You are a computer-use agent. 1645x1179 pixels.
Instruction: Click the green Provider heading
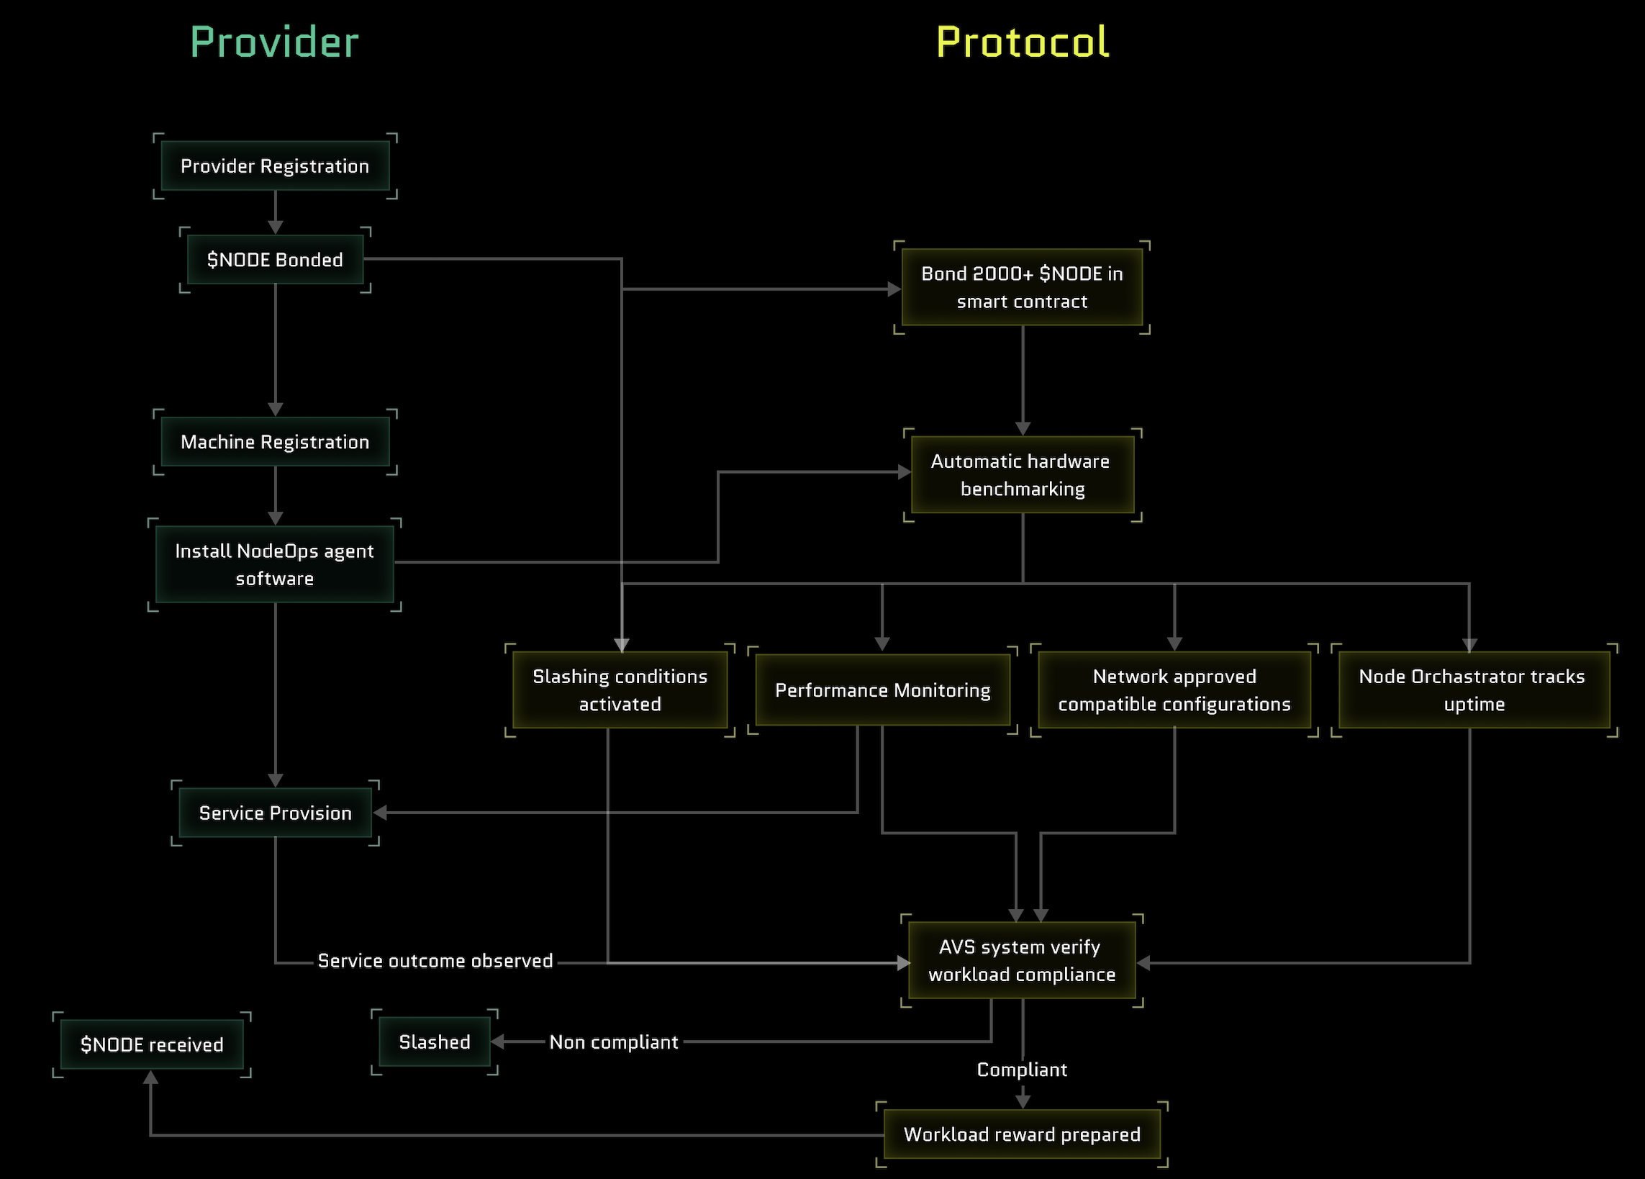tap(274, 42)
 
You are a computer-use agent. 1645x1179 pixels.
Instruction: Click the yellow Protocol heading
tap(1022, 42)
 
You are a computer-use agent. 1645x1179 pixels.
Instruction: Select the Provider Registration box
tap(275, 166)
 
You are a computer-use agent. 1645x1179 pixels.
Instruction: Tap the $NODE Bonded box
tap(275, 260)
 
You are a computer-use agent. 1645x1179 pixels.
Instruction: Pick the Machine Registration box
tap(275, 442)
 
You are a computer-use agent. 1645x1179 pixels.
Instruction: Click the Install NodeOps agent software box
tap(275, 564)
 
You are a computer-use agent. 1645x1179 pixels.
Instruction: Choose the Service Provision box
tap(275, 813)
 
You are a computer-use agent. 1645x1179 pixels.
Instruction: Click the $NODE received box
tap(152, 1044)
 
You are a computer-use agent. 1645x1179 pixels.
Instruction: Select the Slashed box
tap(435, 1042)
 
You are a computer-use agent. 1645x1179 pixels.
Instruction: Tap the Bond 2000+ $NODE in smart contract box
tap(1022, 287)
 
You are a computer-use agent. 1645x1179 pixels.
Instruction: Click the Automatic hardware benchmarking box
tap(1022, 474)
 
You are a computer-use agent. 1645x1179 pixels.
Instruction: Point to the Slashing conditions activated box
tap(620, 690)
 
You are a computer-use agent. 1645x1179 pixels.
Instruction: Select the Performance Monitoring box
tap(882, 690)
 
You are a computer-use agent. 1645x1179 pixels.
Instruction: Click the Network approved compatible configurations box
tap(1174, 690)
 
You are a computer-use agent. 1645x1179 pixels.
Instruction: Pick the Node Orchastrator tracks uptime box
tap(1473, 690)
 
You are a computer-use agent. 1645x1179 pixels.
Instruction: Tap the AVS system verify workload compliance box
tap(1021, 960)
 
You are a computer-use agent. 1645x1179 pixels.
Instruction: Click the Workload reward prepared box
tap(1021, 1134)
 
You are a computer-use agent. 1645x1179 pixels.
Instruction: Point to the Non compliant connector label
tap(614, 1042)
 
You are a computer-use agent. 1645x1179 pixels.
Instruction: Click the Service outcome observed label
tap(435, 961)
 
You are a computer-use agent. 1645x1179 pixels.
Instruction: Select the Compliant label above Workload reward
tap(1021, 1070)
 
